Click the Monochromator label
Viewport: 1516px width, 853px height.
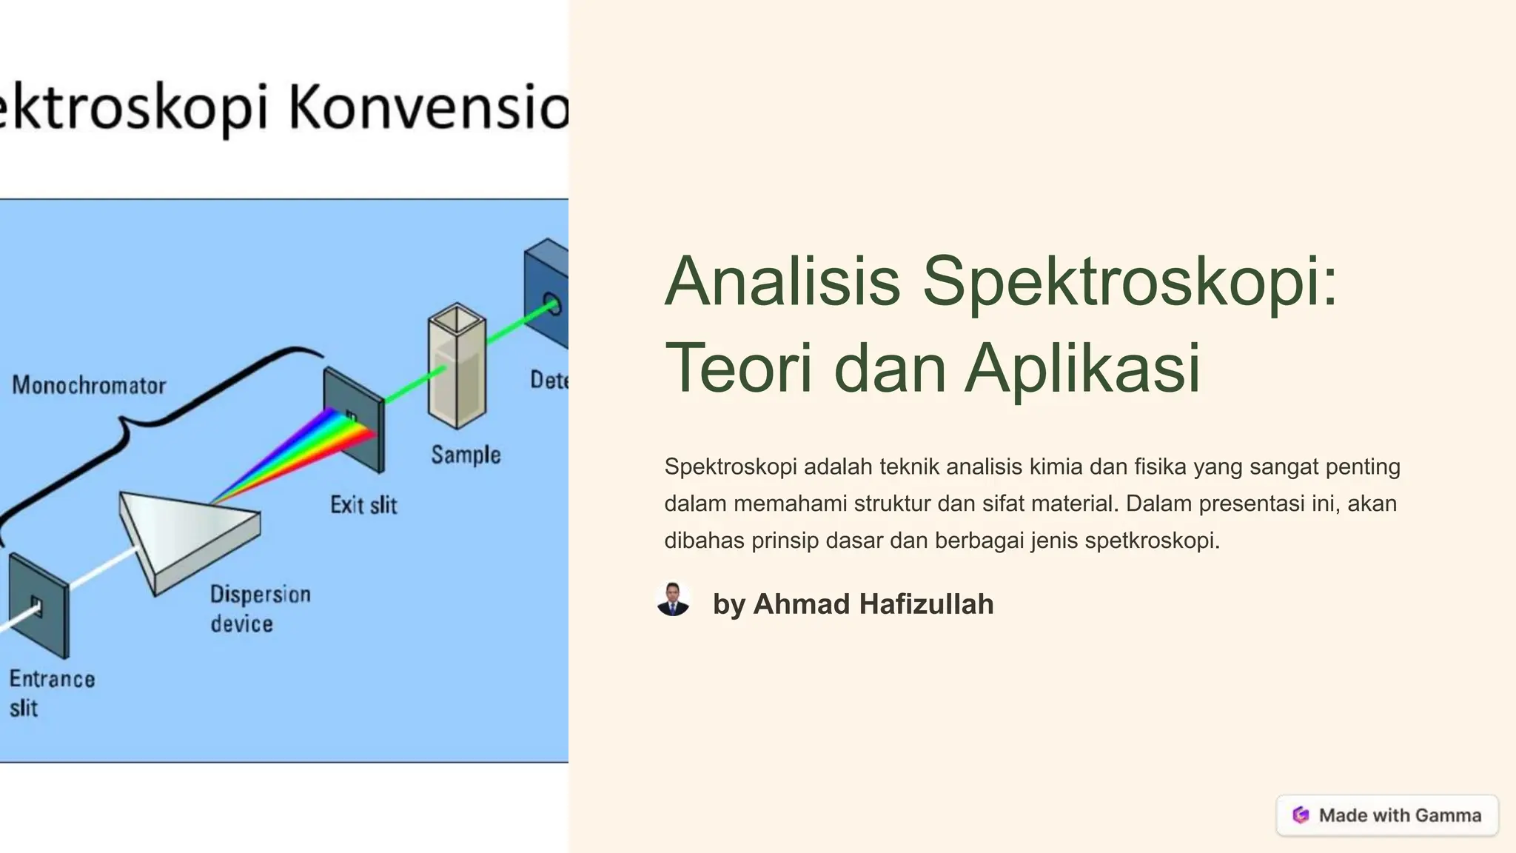(89, 385)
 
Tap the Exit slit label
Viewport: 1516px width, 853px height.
(363, 505)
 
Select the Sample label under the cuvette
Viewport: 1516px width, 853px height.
(466, 455)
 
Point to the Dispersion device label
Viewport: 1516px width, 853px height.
(260, 609)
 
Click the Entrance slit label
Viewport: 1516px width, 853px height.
(52, 693)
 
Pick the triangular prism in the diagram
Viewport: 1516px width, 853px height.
(185, 537)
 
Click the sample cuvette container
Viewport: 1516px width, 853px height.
(457, 367)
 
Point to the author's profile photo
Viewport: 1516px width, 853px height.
(673, 600)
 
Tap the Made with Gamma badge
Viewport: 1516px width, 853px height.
(1387, 815)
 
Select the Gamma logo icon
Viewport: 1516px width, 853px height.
(1301, 815)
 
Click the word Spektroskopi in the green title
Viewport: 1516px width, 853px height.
(1130, 281)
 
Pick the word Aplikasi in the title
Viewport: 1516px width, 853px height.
(1082, 368)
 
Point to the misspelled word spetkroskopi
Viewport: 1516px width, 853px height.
(1151, 541)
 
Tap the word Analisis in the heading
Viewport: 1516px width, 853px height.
(782, 281)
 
